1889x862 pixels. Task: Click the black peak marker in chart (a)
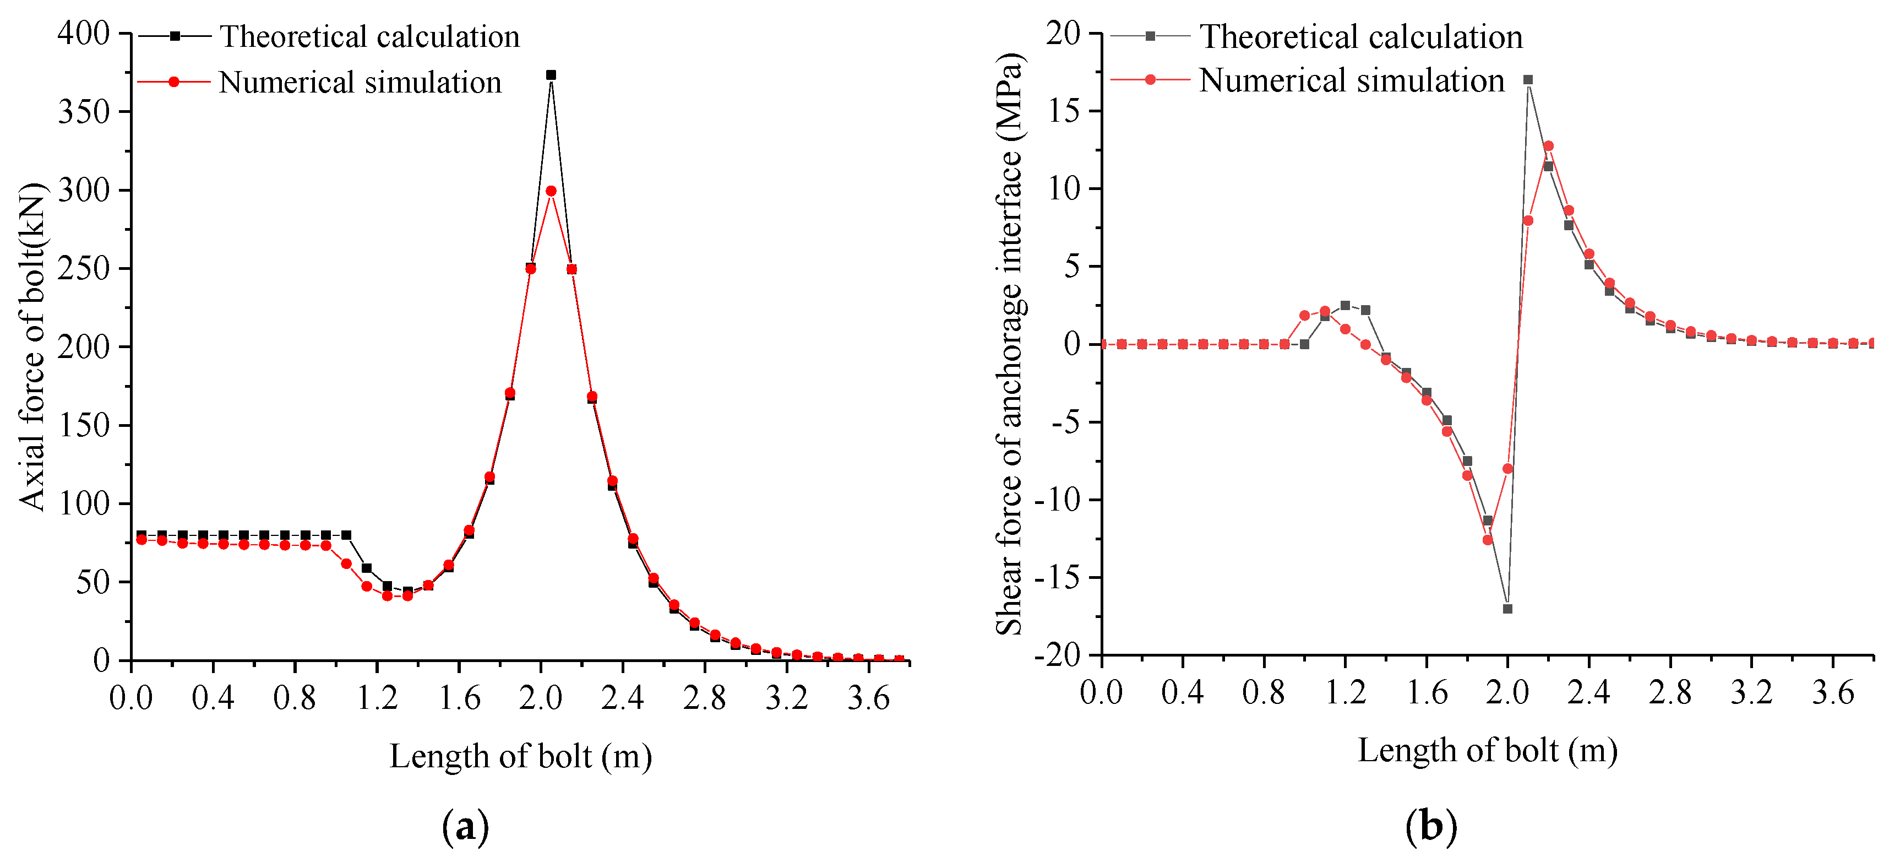tap(551, 75)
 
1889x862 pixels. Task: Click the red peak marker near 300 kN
tap(551, 191)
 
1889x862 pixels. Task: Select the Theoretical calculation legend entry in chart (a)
tap(369, 37)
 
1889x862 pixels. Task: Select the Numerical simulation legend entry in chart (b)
tap(1351, 81)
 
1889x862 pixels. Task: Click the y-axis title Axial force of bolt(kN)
tap(33, 346)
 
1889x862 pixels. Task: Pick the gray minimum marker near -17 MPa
tap(1507, 609)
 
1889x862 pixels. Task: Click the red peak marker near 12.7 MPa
tap(1549, 146)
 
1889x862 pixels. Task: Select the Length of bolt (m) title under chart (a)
tap(521, 756)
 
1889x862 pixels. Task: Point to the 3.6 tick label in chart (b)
tap(1832, 692)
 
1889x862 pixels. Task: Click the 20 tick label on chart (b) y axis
tap(1063, 34)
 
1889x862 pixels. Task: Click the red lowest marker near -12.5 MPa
tap(1488, 540)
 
